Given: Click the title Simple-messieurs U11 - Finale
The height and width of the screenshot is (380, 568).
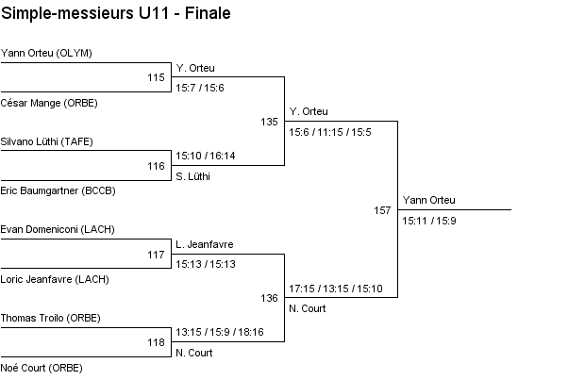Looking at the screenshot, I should click(x=116, y=14).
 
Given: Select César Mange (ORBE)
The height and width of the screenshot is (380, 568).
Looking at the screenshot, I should click(x=49, y=102).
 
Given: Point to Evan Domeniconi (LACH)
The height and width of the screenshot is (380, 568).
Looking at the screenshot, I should click(x=56, y=229).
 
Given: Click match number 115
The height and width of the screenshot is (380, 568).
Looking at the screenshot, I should click(x=157, y=77).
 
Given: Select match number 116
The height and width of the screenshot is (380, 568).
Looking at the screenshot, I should click(x=157, y=166).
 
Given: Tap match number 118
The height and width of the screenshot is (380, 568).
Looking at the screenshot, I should click(x=157, y=342).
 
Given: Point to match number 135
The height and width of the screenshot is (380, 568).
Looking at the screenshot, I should click(x=270, y=122).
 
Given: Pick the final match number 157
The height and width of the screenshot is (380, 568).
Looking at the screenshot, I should click(x=382, y=210).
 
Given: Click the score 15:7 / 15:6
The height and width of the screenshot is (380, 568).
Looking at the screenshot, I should click(x=200, y=88).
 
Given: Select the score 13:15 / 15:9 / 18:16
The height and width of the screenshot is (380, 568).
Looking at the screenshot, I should click(x=220, y=332).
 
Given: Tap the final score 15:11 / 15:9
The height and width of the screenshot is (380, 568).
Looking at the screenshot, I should click(x=429, y=221).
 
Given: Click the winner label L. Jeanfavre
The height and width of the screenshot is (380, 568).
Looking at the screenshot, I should click(x=204, y=244).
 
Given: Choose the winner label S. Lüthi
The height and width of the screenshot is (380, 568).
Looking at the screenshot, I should click(x=192, y=175).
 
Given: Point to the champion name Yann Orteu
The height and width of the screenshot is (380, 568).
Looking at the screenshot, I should click(x=428, y=200).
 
